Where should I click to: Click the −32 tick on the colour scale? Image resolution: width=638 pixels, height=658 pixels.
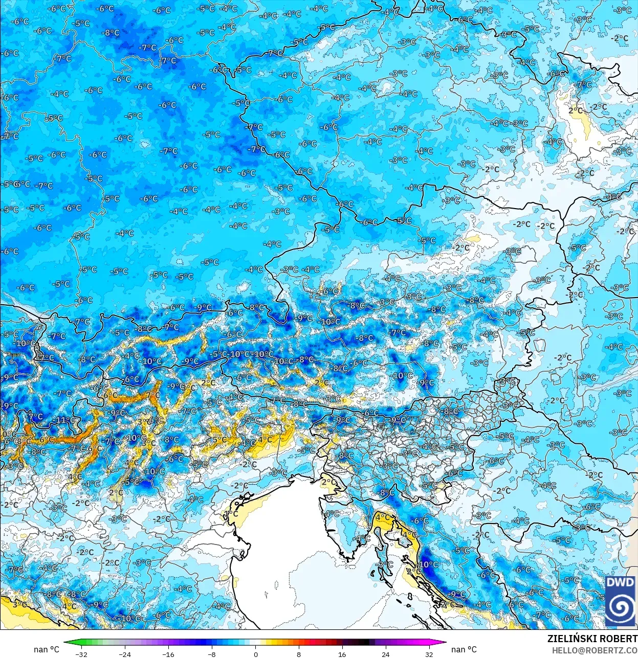[81, 654]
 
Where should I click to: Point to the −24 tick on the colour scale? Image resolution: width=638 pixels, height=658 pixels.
[124, 654]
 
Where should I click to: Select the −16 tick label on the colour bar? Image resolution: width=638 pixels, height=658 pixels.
[168, 654]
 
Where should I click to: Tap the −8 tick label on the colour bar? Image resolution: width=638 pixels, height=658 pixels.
[212, 654]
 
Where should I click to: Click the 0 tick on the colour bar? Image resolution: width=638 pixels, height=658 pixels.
[255, 654]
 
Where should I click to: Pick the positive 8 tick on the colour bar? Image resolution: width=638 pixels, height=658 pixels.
[299, 654]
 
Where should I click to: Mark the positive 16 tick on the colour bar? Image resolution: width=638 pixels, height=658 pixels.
[342, 654]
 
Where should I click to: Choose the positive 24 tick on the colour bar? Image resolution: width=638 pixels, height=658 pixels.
[386, 654]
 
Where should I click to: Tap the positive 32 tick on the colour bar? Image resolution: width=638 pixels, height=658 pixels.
[429, 654]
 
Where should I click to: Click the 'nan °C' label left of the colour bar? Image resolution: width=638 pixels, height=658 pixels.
[47, 649]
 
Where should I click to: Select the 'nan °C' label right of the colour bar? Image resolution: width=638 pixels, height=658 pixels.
[464, 649]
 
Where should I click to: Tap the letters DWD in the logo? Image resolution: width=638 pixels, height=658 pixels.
[620, 583]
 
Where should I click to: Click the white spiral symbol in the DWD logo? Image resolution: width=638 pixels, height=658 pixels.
[620, 607]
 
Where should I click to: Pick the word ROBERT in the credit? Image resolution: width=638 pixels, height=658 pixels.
[618, 639]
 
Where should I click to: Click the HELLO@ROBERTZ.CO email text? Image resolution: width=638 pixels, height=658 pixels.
[595, 650]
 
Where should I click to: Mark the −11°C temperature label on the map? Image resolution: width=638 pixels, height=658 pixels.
[64, 420]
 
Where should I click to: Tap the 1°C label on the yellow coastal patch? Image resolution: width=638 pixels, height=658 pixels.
[231, 513]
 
